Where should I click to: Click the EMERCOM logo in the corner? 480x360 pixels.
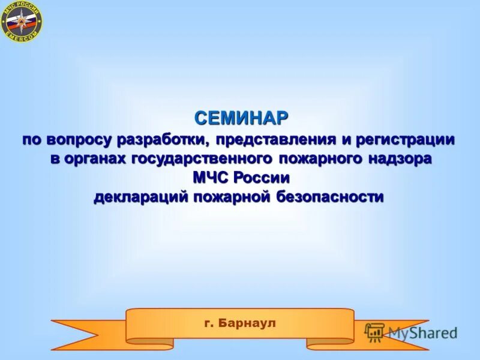point(22,22)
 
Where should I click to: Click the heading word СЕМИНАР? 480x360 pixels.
point(241,118)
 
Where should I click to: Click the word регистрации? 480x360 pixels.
point(406,140)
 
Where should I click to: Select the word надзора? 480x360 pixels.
point(400,160)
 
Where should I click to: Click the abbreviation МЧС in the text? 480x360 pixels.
point(211,178)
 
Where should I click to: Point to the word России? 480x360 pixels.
point(262,178)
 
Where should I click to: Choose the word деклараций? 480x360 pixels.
point(142,197)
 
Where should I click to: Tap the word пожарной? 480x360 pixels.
point(232,197)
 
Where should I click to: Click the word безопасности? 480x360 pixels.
point(330,197)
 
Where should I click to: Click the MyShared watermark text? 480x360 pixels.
point(422,332)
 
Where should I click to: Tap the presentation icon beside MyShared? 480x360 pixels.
point(374,332)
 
